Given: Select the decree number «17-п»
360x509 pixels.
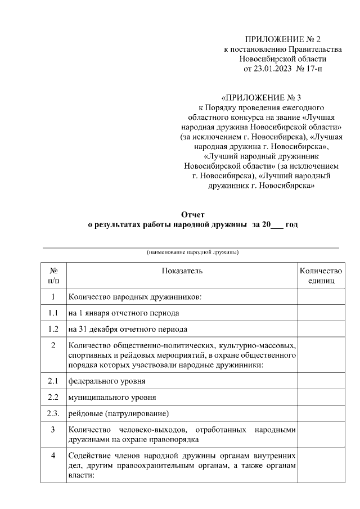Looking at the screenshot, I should (x=313, y=69).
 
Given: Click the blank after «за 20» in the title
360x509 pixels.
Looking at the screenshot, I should (x=277, y=225).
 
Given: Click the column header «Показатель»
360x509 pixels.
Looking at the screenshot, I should (x=182, y=271).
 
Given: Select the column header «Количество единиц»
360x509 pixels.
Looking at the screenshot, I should (x=321, y=275).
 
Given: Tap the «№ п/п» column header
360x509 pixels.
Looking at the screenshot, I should (x=53, y=275).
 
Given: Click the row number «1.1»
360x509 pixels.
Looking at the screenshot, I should (x=53, y=313).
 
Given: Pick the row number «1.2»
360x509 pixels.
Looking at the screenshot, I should (x=53, y=329).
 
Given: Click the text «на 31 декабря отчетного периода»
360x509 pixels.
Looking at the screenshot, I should (x=128, y=329).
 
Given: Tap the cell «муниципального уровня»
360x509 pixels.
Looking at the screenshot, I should (x=112, y=398).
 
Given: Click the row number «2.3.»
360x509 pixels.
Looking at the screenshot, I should (x=53, y=414).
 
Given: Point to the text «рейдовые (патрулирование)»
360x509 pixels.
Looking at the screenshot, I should (x=119, y=414).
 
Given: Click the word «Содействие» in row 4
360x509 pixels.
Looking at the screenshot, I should (x=88, y=455).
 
